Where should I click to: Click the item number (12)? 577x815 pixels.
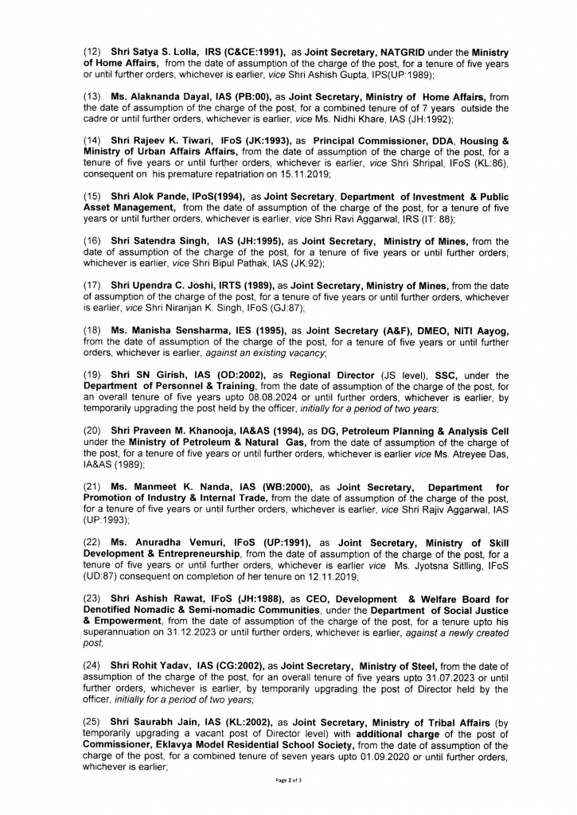coord(93,52)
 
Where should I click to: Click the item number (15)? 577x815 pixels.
coord(93,195)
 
